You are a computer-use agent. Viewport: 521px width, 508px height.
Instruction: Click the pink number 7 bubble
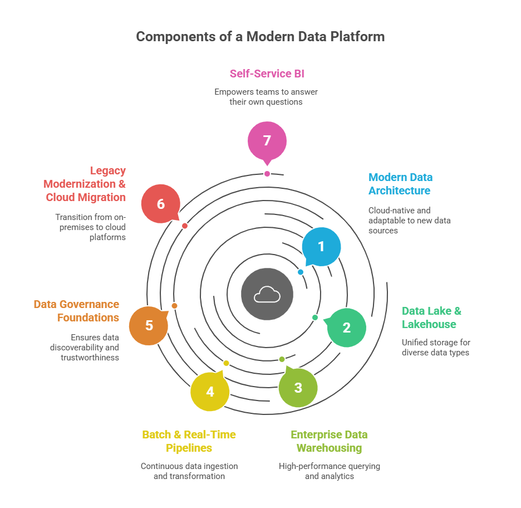pos(267,141)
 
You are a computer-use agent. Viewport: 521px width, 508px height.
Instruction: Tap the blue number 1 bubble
pos(321,247)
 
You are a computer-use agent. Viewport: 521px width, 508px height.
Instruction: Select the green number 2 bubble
pos(346,328)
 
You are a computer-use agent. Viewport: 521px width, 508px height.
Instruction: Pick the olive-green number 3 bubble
pos(298,387)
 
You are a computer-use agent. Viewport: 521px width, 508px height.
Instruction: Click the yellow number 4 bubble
pos(210,392)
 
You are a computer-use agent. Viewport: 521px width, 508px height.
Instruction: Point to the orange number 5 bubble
pos(149,325)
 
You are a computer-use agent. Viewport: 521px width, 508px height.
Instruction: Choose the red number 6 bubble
pos(161,204)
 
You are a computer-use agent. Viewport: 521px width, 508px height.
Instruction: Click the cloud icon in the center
pos(267,295)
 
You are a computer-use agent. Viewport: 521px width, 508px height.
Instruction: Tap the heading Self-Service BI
pos(267,74)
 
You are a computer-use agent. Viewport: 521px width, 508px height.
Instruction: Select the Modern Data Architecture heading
pos(400,184)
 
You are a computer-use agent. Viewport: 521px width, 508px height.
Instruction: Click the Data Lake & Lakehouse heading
pos(431,317)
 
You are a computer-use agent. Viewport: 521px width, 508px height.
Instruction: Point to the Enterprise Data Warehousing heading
pos(330,441)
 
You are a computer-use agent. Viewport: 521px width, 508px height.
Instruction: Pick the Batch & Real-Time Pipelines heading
pos(189,441)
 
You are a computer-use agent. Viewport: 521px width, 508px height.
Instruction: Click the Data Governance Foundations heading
pos(76,311)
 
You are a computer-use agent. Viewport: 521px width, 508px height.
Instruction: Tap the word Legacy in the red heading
pos(108,170)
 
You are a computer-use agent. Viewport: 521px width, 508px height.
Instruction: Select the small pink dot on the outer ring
pos(267,174)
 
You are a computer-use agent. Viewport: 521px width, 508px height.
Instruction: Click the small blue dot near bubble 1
pos(301,272)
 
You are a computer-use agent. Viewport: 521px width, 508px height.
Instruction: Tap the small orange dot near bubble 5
pos(174,306)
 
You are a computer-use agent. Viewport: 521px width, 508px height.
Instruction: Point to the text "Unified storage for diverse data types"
pos(436,348)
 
